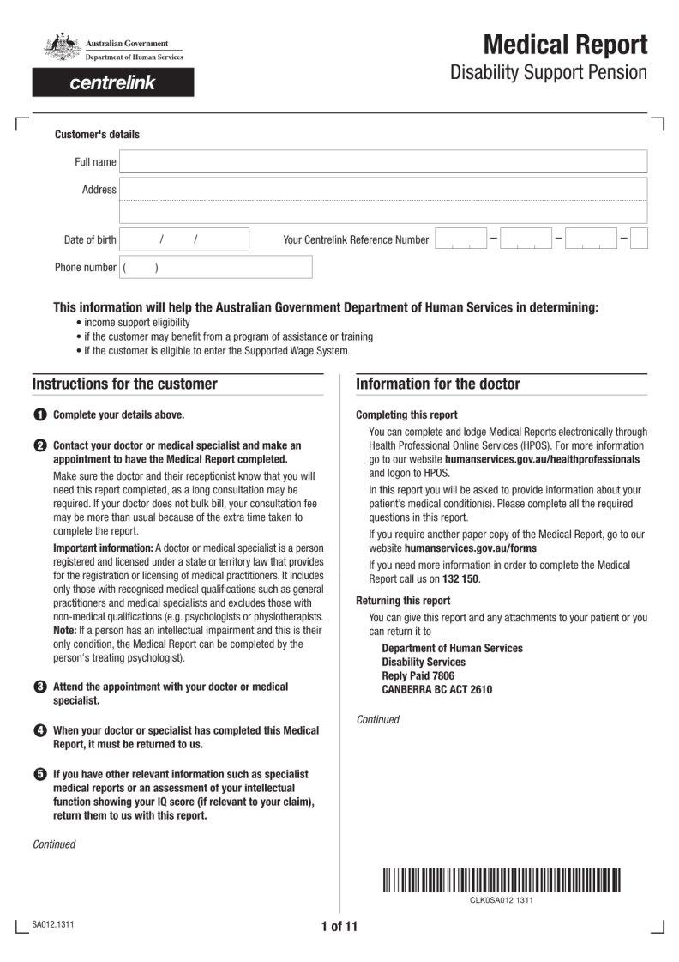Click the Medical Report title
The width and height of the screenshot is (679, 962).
[x=565, y=45]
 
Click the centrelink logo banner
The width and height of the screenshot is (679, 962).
[x=113, y=83]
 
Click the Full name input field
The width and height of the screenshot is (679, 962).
[x=383, y=161]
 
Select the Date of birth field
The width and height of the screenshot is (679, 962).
[x=183, y=239]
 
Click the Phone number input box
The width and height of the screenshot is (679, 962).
[x=215, y=267]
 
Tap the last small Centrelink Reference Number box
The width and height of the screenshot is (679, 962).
[x=639, y=239]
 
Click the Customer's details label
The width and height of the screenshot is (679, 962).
[x=97, y=135]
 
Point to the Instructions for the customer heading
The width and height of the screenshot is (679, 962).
[x=125, y=384]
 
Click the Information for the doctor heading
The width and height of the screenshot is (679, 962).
[x=438, y=384]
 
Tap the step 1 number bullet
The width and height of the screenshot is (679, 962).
[x=40, y=415]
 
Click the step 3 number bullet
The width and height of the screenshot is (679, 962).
[x=40, y=687]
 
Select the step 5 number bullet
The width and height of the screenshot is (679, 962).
[x=40, y=774]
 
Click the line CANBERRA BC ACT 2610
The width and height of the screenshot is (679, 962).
[x=436, y=689]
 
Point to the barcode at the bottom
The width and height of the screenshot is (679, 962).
[x=502, y=880]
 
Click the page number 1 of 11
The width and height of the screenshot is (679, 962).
[x=339, y=926]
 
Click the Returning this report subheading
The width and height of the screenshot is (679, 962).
[x=403, y=601]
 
